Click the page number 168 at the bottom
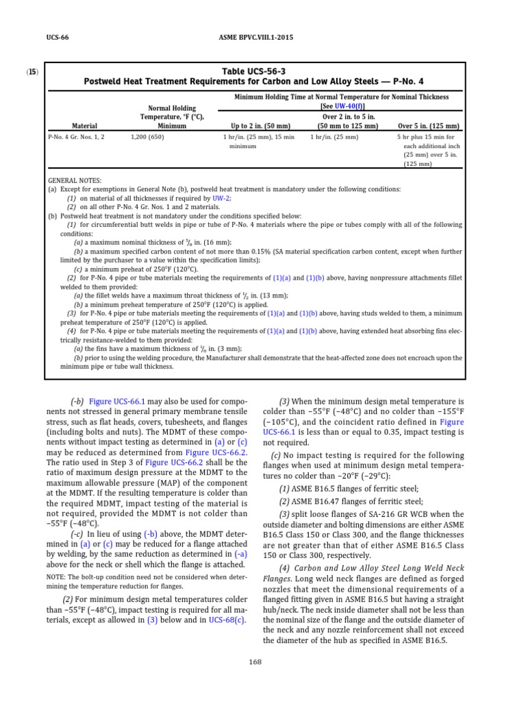click(262, 662)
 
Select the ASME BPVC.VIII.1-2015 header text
click(262, 37)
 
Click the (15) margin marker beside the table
click(32, 71)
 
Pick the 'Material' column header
click(84, 126)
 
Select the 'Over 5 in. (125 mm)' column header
click(428, 126)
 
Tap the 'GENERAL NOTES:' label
click(74, 180)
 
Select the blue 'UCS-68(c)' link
click(227, 620)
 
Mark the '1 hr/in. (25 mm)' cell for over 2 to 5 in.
click(334, 137)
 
